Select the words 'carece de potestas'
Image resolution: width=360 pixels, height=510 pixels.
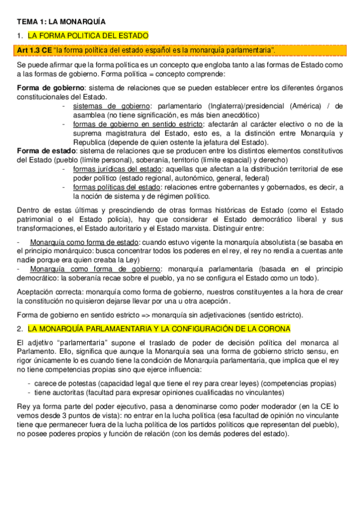(64, 383)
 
